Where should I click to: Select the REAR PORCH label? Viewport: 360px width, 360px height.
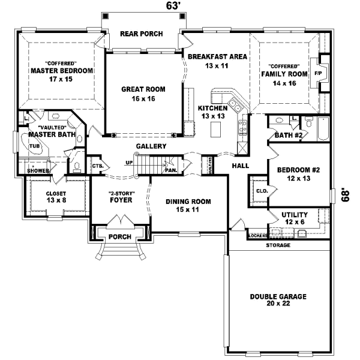[x=142, y=34]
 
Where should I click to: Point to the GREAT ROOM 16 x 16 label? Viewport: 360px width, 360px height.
[x=143, y=94]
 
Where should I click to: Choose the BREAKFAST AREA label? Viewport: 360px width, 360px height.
[x=217, y=61]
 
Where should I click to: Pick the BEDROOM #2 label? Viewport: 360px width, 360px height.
[x=298, y=173]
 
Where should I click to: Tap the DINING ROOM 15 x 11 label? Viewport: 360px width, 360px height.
[x=188, y=206]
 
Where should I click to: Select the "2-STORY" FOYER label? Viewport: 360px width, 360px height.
[x=121, y=197]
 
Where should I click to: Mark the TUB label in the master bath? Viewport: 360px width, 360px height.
[x=34, y=146]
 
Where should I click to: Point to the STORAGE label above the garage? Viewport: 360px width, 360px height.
[x=278, y=246]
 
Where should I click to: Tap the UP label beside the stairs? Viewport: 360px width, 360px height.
[x=128, y=163]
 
